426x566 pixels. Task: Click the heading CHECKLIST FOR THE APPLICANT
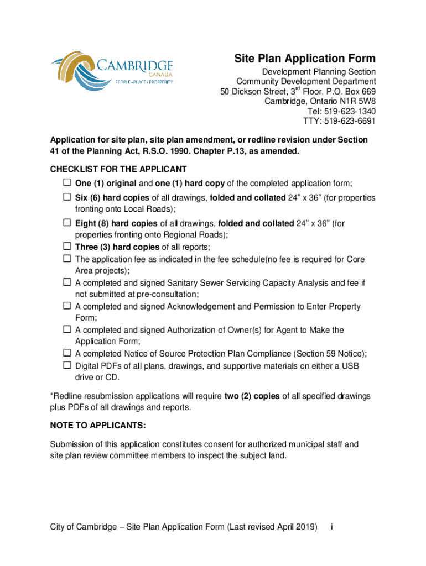(118, 169)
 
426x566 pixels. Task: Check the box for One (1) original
(66, 183)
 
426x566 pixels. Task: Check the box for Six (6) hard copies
(66, 197)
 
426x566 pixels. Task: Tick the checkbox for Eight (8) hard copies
(66, 223)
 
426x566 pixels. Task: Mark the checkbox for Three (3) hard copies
(66, 247)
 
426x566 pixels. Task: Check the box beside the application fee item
(66, 259)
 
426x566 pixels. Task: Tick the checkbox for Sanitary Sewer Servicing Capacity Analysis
(66, 282)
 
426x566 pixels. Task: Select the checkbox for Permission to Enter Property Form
(66, 306)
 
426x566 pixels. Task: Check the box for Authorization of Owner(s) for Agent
(66, 329)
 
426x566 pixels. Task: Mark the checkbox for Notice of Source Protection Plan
(66, 353)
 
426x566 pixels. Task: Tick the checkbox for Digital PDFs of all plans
(66, 365)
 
